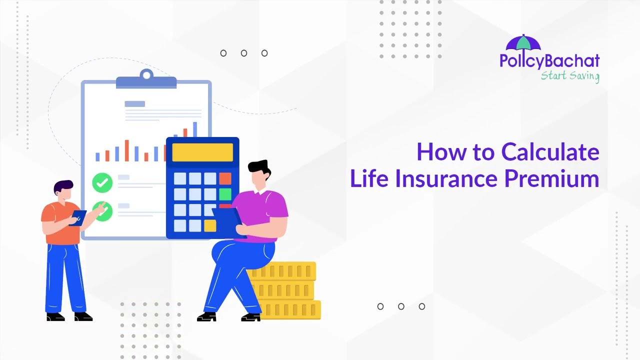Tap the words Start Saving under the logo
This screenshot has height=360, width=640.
click(x=569, y=76)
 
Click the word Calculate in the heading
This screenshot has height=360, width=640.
click(x=550, y=152)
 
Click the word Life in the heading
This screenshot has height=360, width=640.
click(x=369, y=178)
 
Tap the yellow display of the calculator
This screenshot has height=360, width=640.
click(x=202, y=152)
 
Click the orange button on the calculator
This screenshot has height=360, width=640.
click(x=225, y=178)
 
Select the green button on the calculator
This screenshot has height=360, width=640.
click(x=225, y=194)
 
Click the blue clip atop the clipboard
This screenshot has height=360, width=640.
click(x=146, y=80)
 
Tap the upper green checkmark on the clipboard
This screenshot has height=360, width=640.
click(x=102, y=182)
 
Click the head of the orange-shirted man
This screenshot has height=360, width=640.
click(x=63, y=190)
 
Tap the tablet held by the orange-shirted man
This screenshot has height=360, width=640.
click(x=78, y=217)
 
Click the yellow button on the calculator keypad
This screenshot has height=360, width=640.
click(x=210, y=225)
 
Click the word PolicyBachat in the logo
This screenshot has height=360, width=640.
click(x=549, y=61)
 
